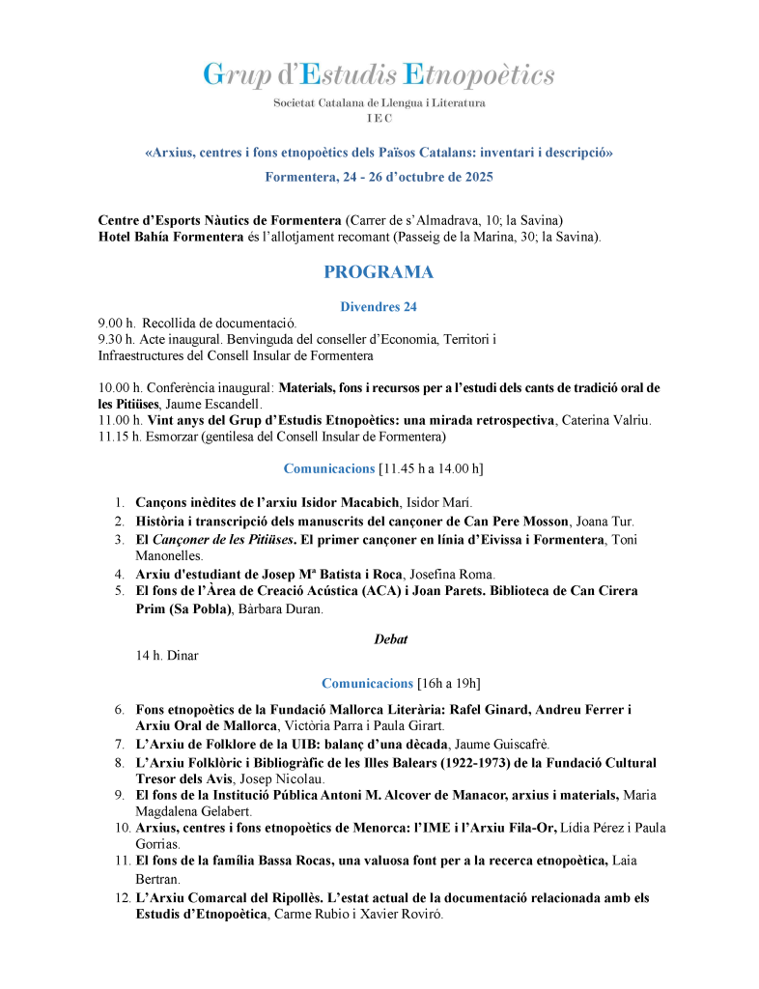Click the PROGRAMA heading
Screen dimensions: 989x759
click(379, 272)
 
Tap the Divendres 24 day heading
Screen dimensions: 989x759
click(379, 307)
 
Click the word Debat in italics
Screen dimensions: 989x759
click(390, 638)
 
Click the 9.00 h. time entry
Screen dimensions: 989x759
click(116, 323)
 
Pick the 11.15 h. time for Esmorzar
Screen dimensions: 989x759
click(120, 437)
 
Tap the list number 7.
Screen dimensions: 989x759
click(119, 745)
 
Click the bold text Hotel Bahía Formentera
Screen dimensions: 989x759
click(171, 238)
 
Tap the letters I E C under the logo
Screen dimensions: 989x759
click(379, 117)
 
